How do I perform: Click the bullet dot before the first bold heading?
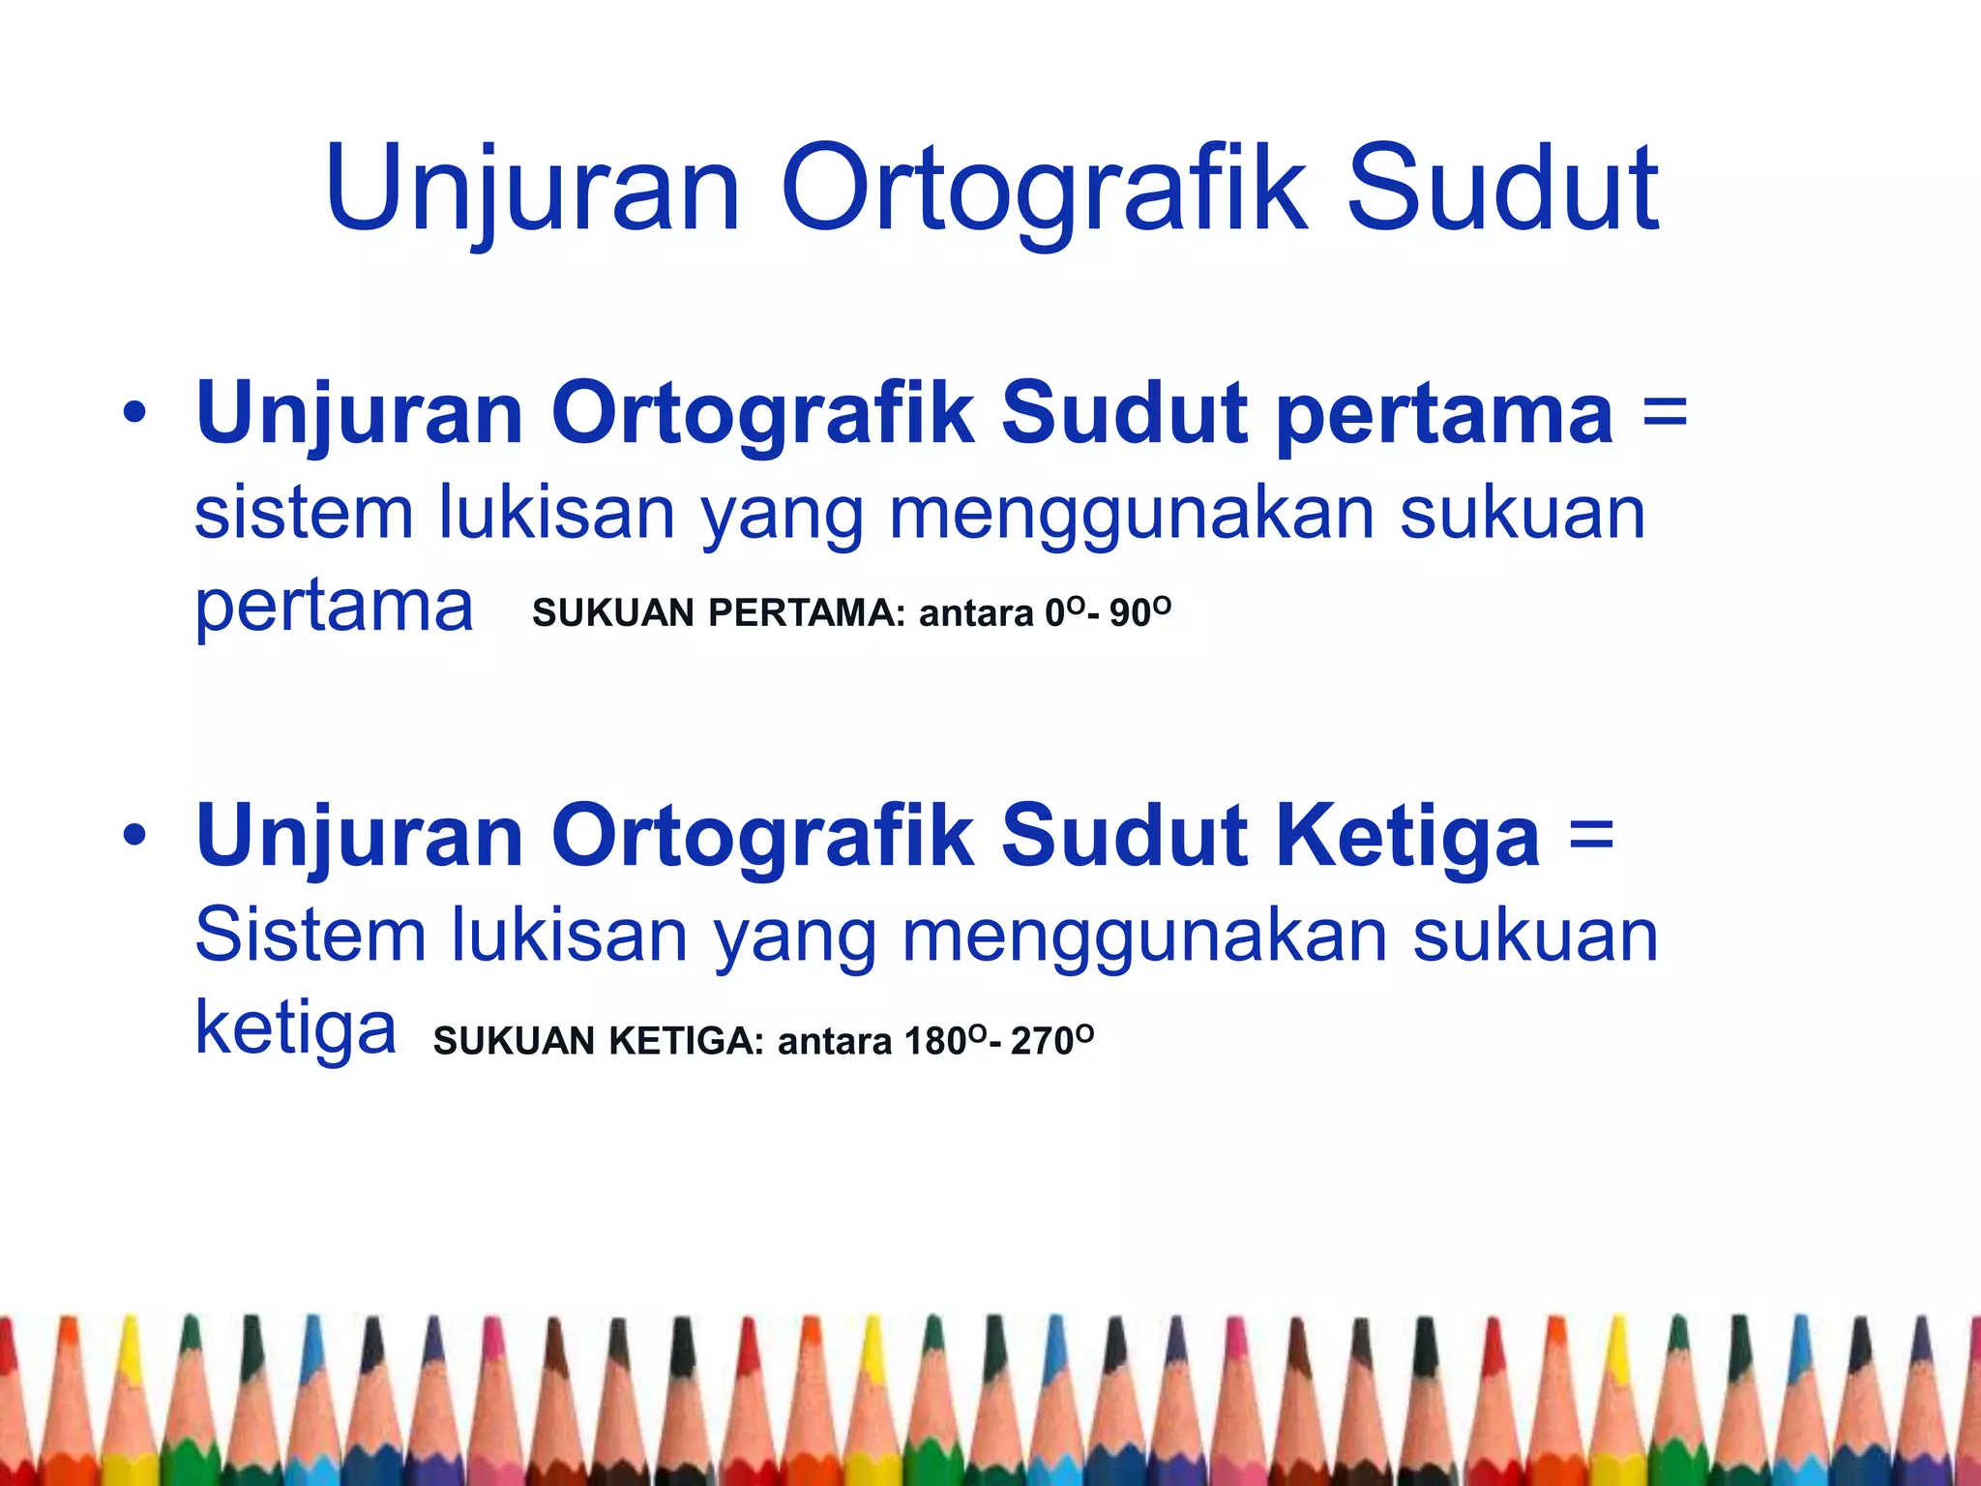134,414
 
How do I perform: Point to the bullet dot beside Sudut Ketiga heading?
134,836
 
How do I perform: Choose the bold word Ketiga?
1407,836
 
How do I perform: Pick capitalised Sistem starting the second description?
310,936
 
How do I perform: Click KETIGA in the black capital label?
686,1042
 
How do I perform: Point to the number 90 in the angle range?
1130,613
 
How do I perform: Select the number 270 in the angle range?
1042,1042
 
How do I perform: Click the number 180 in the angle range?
935,1042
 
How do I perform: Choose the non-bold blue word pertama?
334,609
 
